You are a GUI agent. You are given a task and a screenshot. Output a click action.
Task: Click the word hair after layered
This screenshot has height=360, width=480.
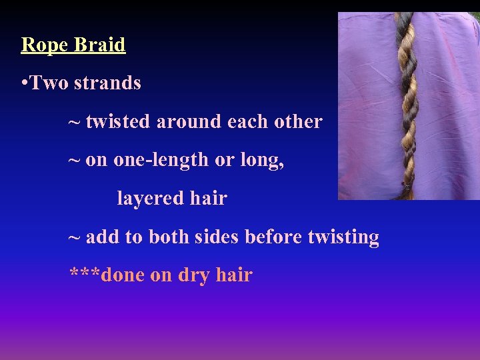(x=208, y=199)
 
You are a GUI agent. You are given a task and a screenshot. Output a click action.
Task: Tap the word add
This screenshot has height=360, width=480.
(x=100, y=237)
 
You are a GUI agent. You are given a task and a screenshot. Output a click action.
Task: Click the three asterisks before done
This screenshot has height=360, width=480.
(x=85, y=273)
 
